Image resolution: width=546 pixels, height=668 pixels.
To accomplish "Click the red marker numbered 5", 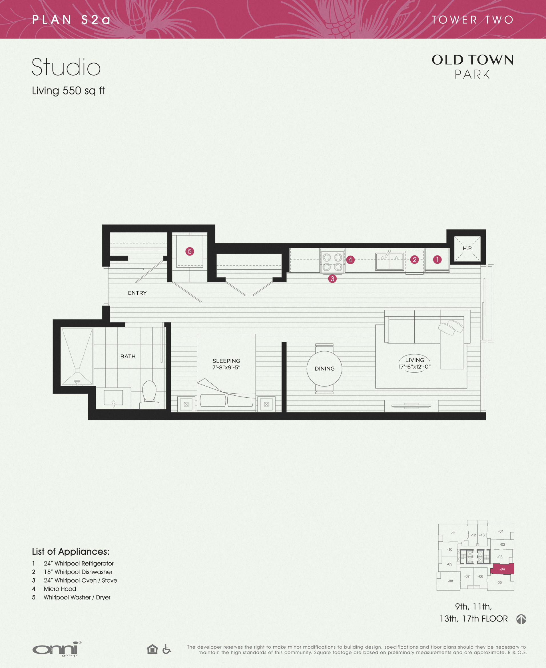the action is click(x=190, y=251).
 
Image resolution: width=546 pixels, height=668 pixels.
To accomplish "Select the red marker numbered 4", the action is click(x=350, y=260).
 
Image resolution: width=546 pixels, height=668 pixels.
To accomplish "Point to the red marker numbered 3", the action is click(x=332, y=279).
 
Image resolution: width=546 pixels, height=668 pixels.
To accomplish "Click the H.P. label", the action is click(x=467, y=248).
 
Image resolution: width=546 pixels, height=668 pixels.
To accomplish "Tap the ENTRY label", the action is click(x=137, y=293).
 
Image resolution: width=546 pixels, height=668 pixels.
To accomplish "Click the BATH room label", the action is click(x=128, y=356).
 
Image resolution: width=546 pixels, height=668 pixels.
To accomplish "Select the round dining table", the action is click(x=324, y=369).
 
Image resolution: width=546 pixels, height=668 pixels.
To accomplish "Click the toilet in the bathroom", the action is click(x=149, y=395).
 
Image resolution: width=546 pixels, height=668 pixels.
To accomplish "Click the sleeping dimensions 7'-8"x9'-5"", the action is click(x=226, y=367).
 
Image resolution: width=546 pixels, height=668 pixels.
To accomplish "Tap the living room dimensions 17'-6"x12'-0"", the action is click(x=415, y=367).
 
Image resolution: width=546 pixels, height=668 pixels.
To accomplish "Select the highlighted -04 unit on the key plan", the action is click(x=502, y=569).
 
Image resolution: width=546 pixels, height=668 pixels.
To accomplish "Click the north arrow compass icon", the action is click(x=521, y=619).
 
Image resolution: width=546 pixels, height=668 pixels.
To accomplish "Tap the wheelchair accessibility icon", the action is click(x=167, y=649).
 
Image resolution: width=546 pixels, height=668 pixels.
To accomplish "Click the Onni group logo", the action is click(x=57, y=649).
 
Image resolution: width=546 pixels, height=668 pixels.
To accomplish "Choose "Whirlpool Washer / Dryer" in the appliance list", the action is click(x=77, y=597).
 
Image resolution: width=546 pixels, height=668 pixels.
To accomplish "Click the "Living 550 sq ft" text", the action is click(x=68, y=91).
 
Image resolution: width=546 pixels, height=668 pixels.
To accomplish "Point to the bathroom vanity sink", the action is click(x=113, y=398).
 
